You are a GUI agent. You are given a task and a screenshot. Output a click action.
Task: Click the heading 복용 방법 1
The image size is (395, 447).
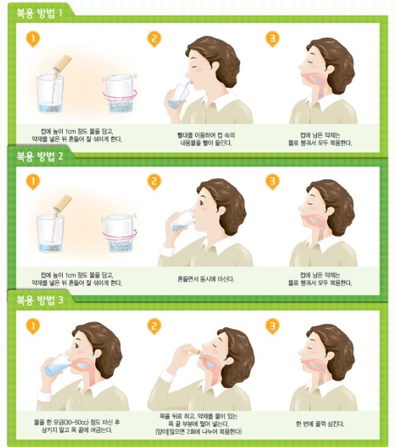pyautogui.click(x=40, y=13)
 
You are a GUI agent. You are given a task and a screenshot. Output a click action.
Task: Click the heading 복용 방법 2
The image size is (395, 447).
pyautogui.click(x=40, y=156)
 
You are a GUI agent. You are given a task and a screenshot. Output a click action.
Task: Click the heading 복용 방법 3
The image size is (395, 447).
pyautogui.click(x=40, y=300)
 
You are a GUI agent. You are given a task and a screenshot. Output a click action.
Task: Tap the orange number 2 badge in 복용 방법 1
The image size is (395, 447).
pyautogui.click(x=154, y=39)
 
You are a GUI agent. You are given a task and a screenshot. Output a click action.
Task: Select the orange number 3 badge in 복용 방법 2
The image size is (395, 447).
pyautogui.click(x=272, y=182)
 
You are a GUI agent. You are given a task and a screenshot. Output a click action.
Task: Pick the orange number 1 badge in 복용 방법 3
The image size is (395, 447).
pyautogui.click(x=33, y=326)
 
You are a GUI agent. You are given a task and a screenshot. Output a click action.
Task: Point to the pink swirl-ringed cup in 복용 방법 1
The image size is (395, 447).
pyautogui.click(x=120, y=93)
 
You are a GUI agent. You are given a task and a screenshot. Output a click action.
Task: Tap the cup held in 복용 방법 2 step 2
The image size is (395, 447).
pyautogui.click(x=182, y=221)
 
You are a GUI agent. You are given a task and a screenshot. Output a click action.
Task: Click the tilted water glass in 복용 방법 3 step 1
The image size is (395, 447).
pyautogui.click(x=58, y=365)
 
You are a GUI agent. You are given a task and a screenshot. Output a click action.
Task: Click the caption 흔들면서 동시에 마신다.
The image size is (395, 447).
pyautogui.click(x=205, y=279)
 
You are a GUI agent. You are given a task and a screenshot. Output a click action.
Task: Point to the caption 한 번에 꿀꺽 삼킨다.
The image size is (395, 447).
pyautogui.click(x=320, y=424)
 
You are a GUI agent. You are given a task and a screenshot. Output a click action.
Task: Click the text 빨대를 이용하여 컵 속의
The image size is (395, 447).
pyautogui.click(x=206, y=135)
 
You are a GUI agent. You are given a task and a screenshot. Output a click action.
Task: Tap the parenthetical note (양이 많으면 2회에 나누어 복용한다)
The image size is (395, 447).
pyautogui.click(x=199, y=432)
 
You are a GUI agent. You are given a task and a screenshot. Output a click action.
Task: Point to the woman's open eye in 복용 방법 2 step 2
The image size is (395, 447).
pyautogui.click(x=202, y=203)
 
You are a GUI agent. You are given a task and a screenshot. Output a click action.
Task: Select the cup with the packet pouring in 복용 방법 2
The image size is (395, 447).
pyautogui.click(x=50, y=234)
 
